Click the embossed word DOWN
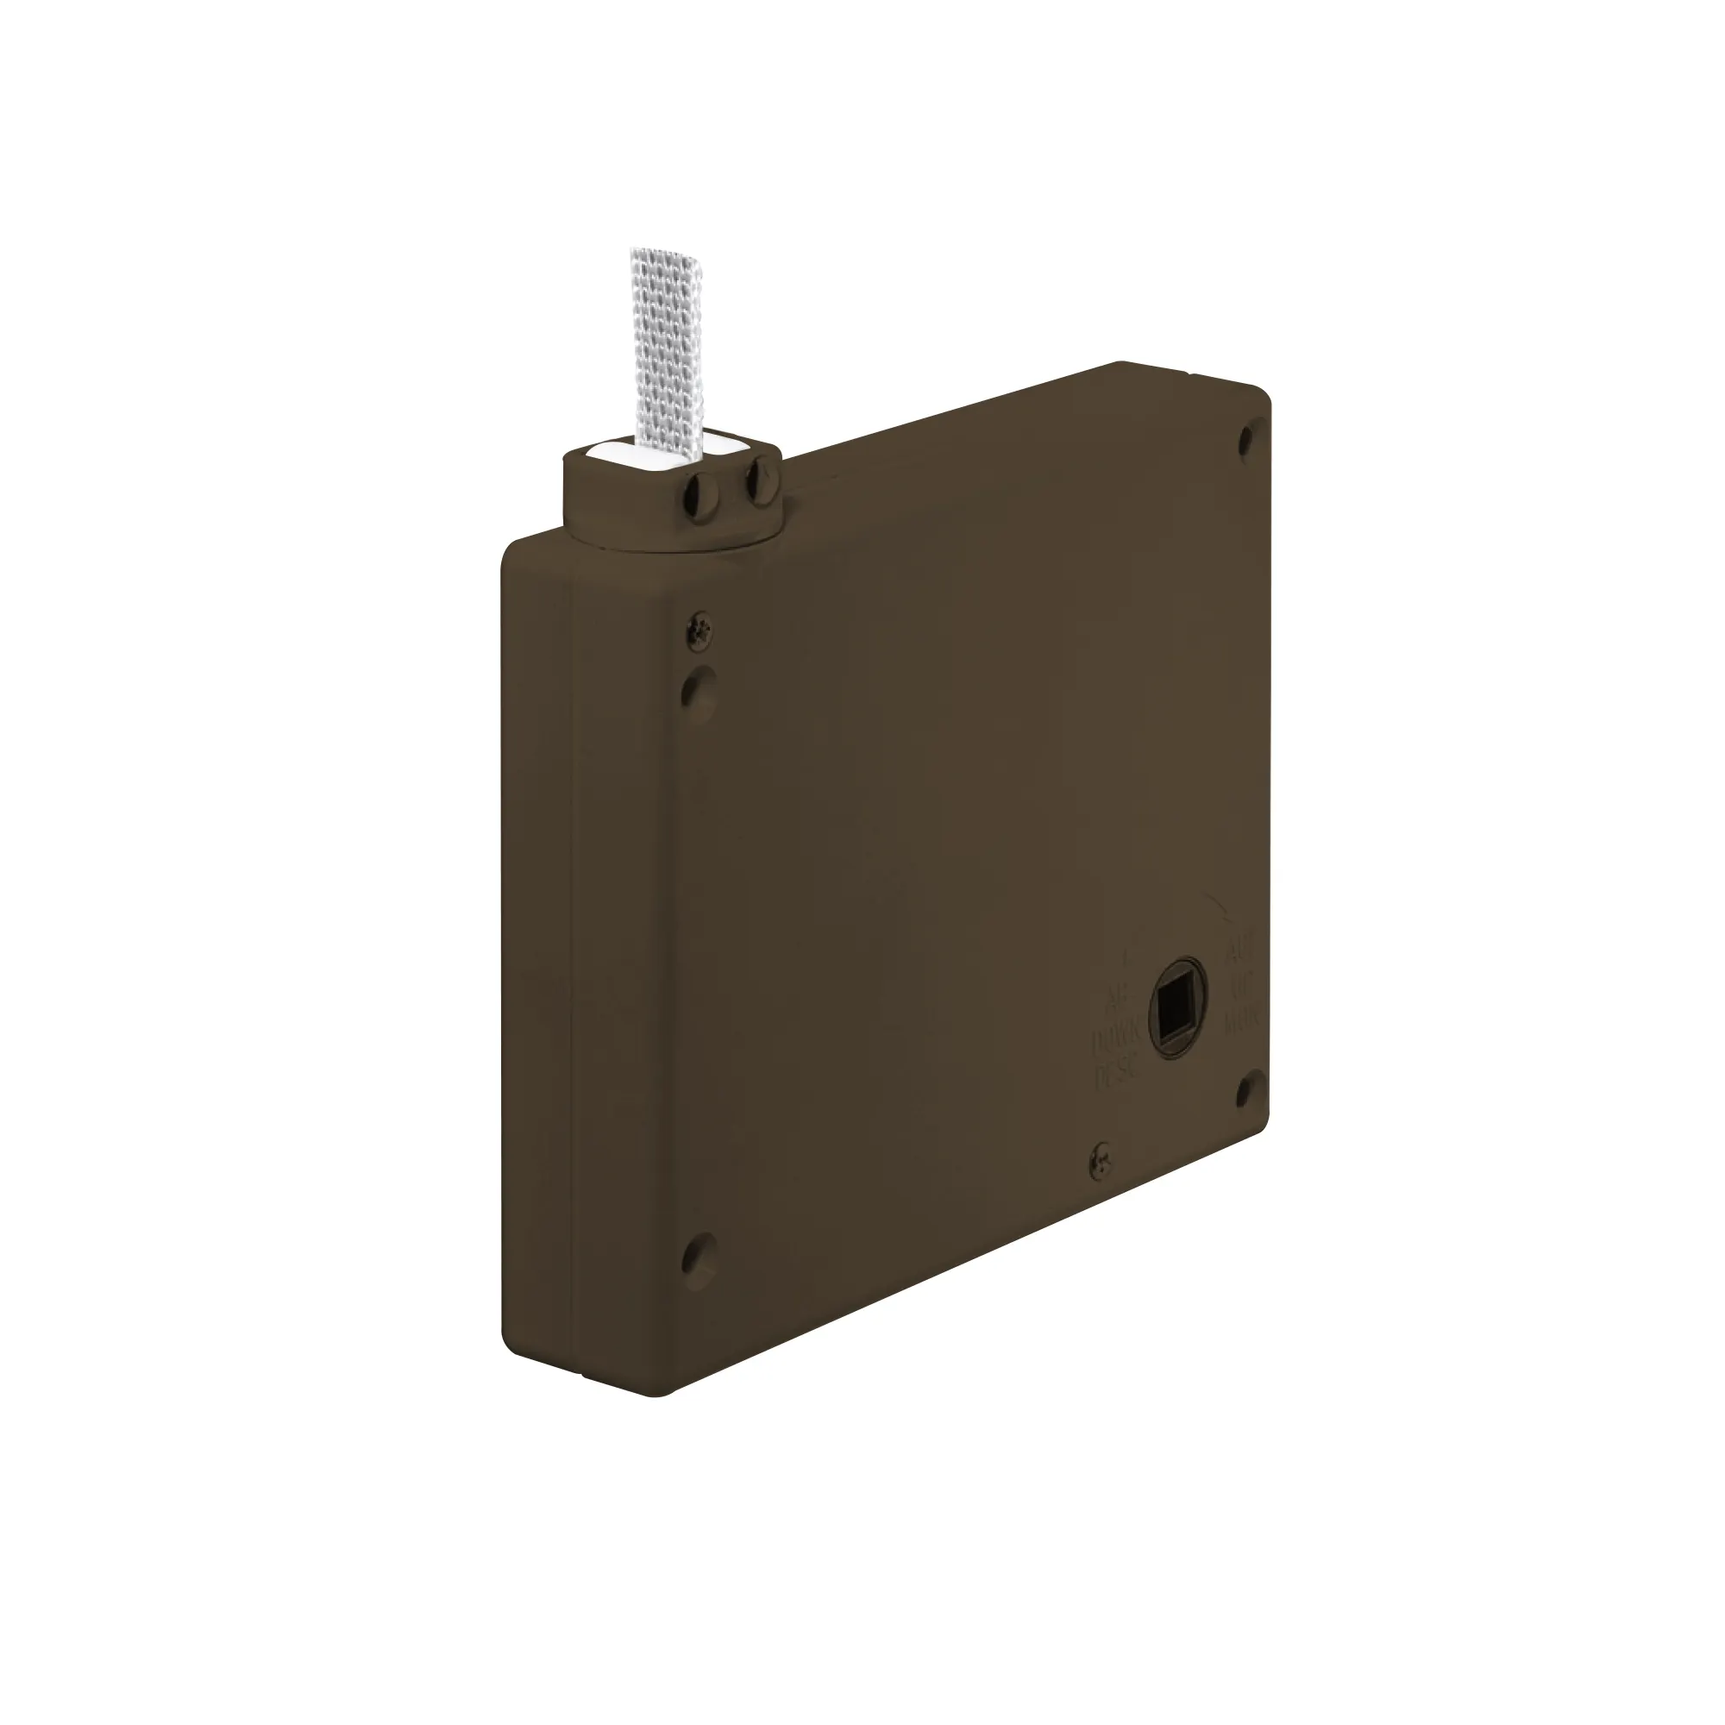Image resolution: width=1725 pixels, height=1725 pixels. coord(1116,1038)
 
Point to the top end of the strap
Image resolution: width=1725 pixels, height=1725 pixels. coord(660,255)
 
